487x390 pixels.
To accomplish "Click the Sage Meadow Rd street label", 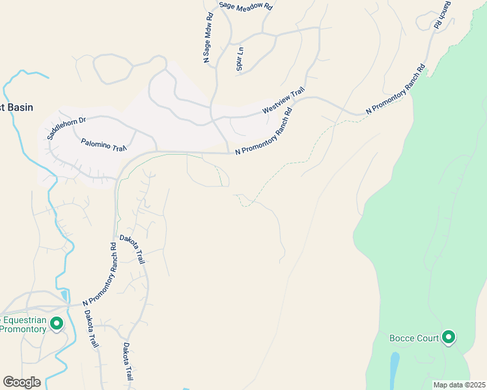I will click(245, 5).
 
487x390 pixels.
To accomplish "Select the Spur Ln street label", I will click(240, 55).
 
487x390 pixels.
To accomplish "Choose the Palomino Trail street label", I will click(103, 144).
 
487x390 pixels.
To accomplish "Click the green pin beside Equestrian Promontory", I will click(56, 322).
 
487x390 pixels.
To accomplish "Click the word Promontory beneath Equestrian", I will click(23, 329).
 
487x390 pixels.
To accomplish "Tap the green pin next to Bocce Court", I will click(449, 337).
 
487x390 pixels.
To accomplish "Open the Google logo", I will click(21, 382).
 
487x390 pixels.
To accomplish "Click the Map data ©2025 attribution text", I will click(458, 384).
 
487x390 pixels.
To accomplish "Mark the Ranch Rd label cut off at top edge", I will click(442, 14).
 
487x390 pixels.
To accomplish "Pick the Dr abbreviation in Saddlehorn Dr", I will click(82, 120).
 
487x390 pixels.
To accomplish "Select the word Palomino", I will click(95, 142).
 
